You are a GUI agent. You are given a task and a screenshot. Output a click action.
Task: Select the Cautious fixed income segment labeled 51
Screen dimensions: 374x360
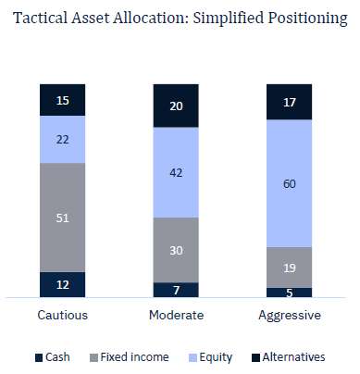click(62, 218)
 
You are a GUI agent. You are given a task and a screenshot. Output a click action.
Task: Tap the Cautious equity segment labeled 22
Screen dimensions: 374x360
click(62, 139)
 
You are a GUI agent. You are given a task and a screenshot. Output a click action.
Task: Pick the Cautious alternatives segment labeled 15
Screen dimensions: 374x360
click(62, 99)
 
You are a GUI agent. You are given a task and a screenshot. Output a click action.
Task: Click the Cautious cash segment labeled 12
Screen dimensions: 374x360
click(62, 284)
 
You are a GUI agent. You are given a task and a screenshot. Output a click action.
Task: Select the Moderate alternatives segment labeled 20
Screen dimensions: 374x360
click(176, 106)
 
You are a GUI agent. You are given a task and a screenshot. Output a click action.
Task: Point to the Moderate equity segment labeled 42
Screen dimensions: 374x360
click(176, 172)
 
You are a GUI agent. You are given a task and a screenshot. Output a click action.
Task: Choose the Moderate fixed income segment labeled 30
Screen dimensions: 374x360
click(176, 250)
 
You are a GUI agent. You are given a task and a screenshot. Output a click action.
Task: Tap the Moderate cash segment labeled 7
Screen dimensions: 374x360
click(176, 290)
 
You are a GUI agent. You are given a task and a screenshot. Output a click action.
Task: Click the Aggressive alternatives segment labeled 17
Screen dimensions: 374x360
click(289, 102)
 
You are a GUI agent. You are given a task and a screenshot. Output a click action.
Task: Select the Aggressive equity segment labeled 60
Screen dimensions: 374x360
click(289, 183)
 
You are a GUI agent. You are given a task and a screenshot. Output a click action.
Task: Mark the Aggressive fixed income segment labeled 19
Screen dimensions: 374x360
click(289, 268)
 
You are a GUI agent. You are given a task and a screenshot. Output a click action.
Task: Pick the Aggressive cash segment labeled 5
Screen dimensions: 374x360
click(289, 292)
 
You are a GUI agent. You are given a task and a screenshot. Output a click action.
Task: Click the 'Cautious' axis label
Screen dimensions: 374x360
click(62, 315)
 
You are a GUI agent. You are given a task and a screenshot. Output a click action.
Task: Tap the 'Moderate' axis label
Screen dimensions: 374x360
click(176, 315)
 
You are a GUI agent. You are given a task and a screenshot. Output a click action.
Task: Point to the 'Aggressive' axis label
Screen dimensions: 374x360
click(289, 315)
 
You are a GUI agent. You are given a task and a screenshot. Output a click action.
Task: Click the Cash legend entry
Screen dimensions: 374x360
click(52, 356)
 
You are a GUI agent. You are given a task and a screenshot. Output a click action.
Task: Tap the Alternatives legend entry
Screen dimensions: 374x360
click(287, 356)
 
